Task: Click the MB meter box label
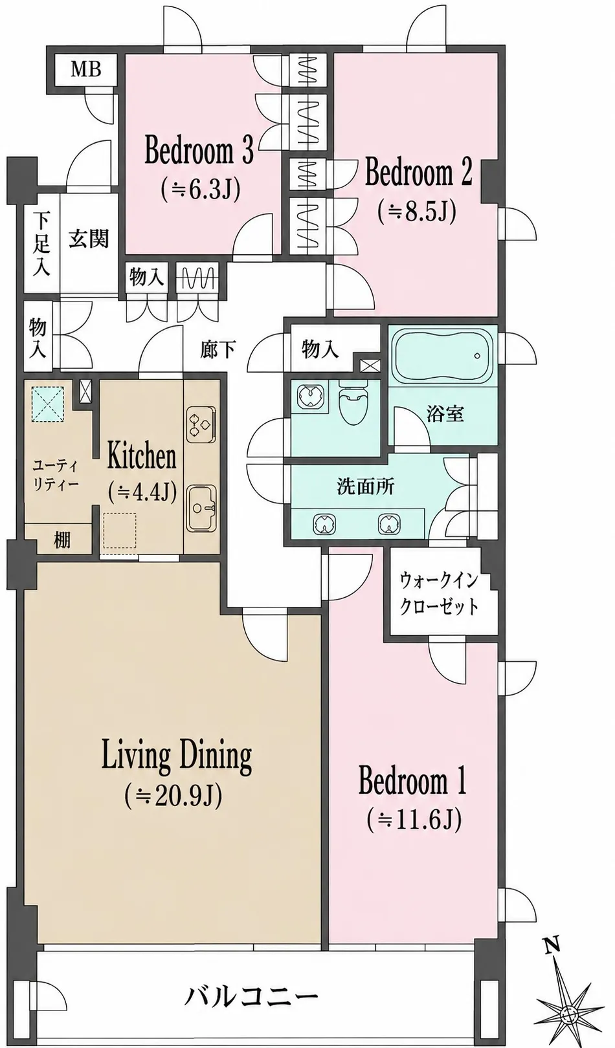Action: (85, 70)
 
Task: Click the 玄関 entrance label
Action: (89, 239)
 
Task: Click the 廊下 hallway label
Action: (218, 349)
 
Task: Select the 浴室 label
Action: (445, 413)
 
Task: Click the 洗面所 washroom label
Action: (366, 487)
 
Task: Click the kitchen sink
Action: (202, 508)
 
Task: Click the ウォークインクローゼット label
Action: (439, 594)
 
